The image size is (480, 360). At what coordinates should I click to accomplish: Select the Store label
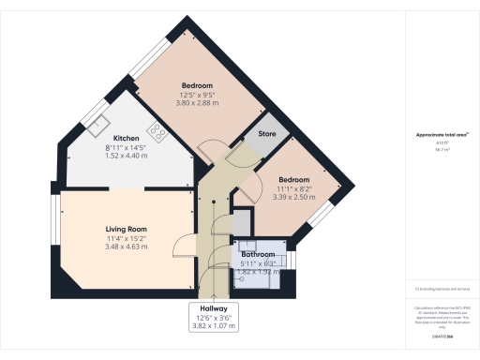pos(266,135)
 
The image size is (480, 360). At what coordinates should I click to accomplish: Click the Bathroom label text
pos(258,254)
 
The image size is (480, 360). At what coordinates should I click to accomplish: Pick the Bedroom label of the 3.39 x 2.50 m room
pos(295,179)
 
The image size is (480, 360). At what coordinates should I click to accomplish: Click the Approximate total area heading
pos(442,135)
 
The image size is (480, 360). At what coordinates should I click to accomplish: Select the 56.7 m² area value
pos(442,149)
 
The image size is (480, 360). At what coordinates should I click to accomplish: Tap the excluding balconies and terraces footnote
pos(442,292)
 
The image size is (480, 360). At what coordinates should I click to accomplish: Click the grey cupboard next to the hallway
pos(242,222)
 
